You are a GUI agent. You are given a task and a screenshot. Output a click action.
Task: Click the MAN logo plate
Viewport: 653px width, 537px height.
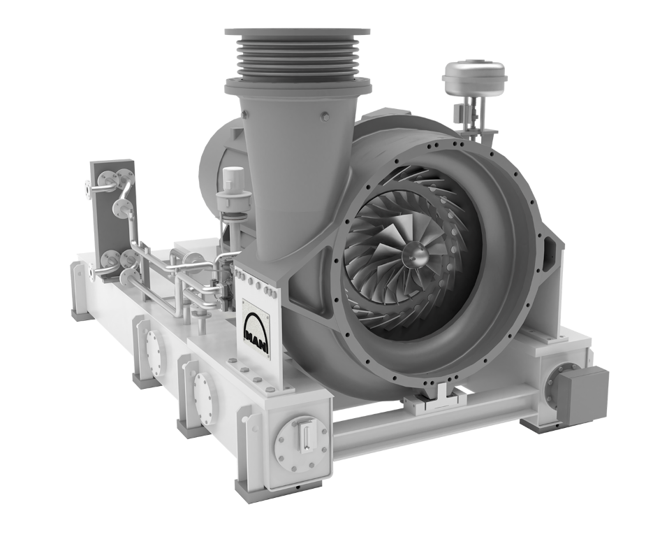tap(256, 328)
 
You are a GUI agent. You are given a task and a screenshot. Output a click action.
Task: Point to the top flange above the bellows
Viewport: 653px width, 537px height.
tap(297, 32)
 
